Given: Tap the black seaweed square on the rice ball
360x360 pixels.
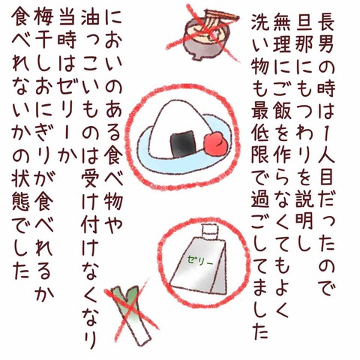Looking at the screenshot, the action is point(183,144).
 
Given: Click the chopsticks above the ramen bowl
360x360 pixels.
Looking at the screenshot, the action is point(221,15).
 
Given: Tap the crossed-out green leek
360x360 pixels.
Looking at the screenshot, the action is point(132,317).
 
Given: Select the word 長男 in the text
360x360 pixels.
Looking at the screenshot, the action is point(325,34).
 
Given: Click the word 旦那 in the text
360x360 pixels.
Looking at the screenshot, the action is point(304,34).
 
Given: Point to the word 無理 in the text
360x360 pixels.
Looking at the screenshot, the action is point(282,34).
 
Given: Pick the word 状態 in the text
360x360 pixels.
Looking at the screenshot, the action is point(20,190).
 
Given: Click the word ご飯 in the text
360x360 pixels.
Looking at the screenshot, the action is point(282,103).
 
